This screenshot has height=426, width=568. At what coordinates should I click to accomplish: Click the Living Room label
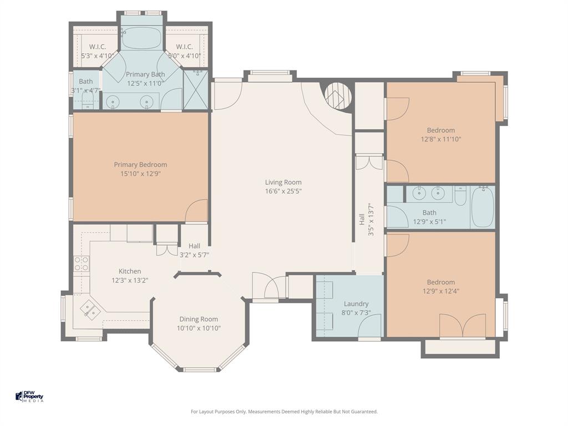pyautogui.click(x=283, y=182)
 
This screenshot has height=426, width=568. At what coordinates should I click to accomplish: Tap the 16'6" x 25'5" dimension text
pyautogui.click(x=283, y=191)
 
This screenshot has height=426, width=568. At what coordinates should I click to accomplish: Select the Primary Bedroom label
pyautogui.click(x=140, y=165)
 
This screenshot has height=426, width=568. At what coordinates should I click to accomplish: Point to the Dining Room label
pyautogui.click(x=199, y=319)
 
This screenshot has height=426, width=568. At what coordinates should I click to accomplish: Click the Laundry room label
pyautogui.click(x=356, y=303)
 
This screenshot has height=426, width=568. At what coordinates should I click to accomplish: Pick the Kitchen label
pyautogui.click(x=130, y=271)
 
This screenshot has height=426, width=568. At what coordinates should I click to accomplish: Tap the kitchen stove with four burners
pyautogui.click(x=82, y=263)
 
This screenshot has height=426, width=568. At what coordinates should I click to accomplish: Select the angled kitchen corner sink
pyautogui.click(x=89, y=308)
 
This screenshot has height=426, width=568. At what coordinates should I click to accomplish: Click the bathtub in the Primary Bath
pyautogui.click(x=141, y=38)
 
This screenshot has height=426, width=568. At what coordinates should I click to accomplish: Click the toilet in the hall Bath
pyautogui.click(x=460, y=196)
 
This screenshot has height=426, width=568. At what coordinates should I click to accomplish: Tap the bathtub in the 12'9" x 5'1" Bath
pyautogui.click(x=482, y=207)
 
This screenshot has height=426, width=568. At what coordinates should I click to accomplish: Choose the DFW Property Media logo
pyautogui.click(x=29, y=397)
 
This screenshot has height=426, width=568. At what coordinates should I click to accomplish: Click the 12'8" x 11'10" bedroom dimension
pyautogui.click(x=441, y=139)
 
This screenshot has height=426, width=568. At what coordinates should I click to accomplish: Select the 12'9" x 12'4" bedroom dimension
pyautogui.click(x=441, y=291)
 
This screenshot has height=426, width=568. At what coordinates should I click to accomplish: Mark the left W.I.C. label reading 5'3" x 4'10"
pyautogui.click(x=98, y=55)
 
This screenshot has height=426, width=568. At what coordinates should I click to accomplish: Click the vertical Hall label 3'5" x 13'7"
pyautogui.click(x=366, y=219)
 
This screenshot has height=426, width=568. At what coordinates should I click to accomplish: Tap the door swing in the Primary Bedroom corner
pyautogui.click(x=197, y=211)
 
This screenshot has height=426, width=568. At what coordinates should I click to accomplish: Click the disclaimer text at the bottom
pyautogui.click(x=284, y=412)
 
